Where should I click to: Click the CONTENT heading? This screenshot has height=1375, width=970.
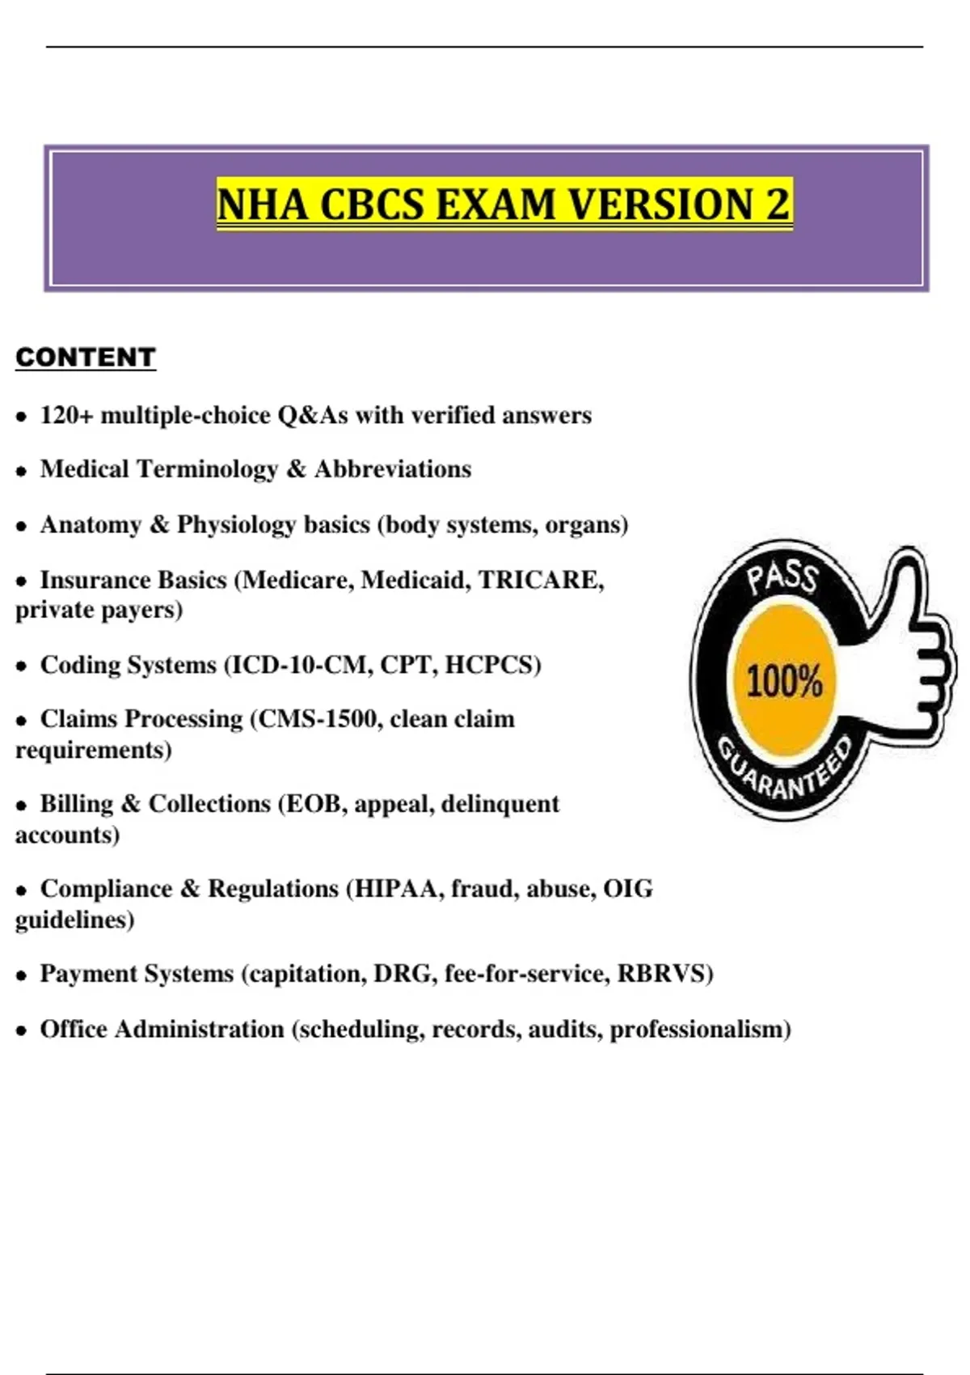coord(85,357)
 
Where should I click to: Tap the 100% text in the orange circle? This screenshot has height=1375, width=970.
coord(783,681)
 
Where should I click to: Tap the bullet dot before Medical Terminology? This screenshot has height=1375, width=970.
coord(22,472)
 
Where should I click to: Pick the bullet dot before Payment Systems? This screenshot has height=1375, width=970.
coord(22,975)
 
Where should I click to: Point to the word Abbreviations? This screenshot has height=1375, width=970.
coord(393,469)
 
